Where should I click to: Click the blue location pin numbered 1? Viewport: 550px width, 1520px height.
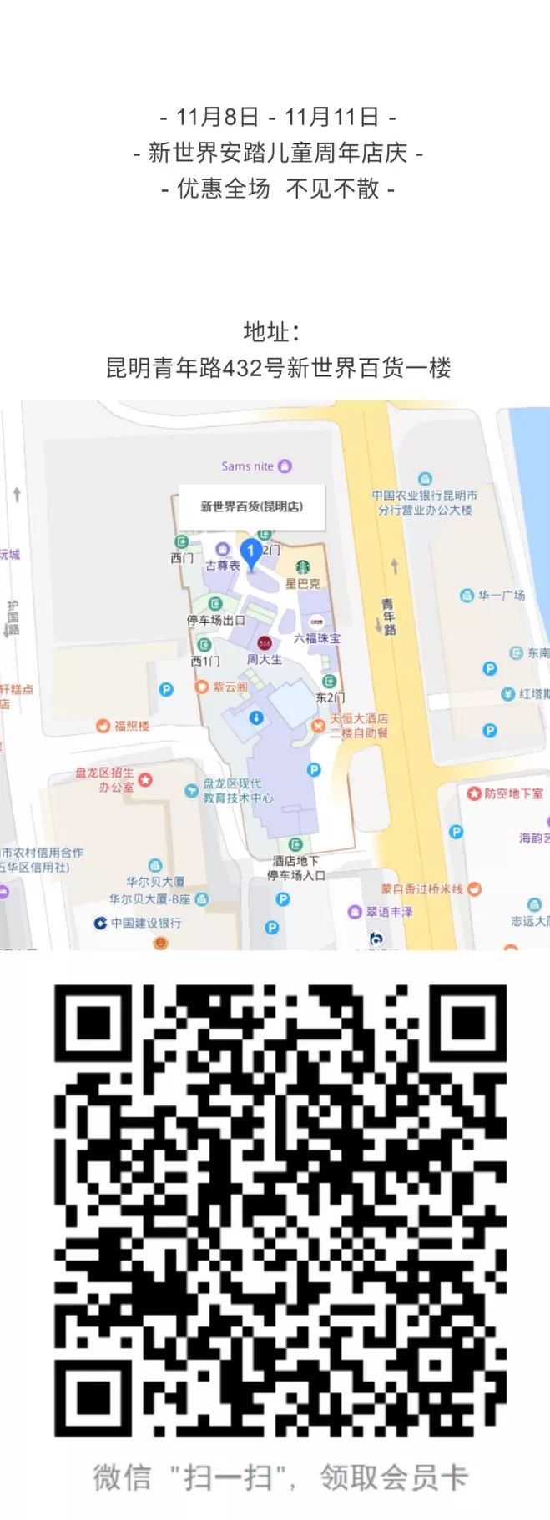tap(250, 551)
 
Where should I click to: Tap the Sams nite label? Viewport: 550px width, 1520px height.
tap(248, 466)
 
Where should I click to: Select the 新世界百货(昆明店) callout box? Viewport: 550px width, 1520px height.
tap(251, 506)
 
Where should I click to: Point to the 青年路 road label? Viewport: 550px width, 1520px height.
tap(388, 617)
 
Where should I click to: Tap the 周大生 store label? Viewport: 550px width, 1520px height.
tap(264, 660)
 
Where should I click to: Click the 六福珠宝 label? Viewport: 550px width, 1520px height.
tap(316, 638)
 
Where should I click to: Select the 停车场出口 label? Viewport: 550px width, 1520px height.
tap(215, 620)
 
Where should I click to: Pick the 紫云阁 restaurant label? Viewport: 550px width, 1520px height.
tap(230, 687)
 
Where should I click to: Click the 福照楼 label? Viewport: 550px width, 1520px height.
tap(131, 726)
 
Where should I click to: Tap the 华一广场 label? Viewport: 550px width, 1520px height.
tap(501, 596)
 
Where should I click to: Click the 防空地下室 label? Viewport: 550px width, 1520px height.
tap(513, 793)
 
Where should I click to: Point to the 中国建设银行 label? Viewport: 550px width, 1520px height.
tap(145, 923)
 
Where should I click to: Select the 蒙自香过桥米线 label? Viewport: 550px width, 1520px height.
tap(421, 889)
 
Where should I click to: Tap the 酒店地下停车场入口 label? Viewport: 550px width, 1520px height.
tap(295, 868)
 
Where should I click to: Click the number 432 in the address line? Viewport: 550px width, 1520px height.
tap(242, 368)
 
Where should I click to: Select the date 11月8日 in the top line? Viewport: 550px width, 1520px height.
tap(217, 117)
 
